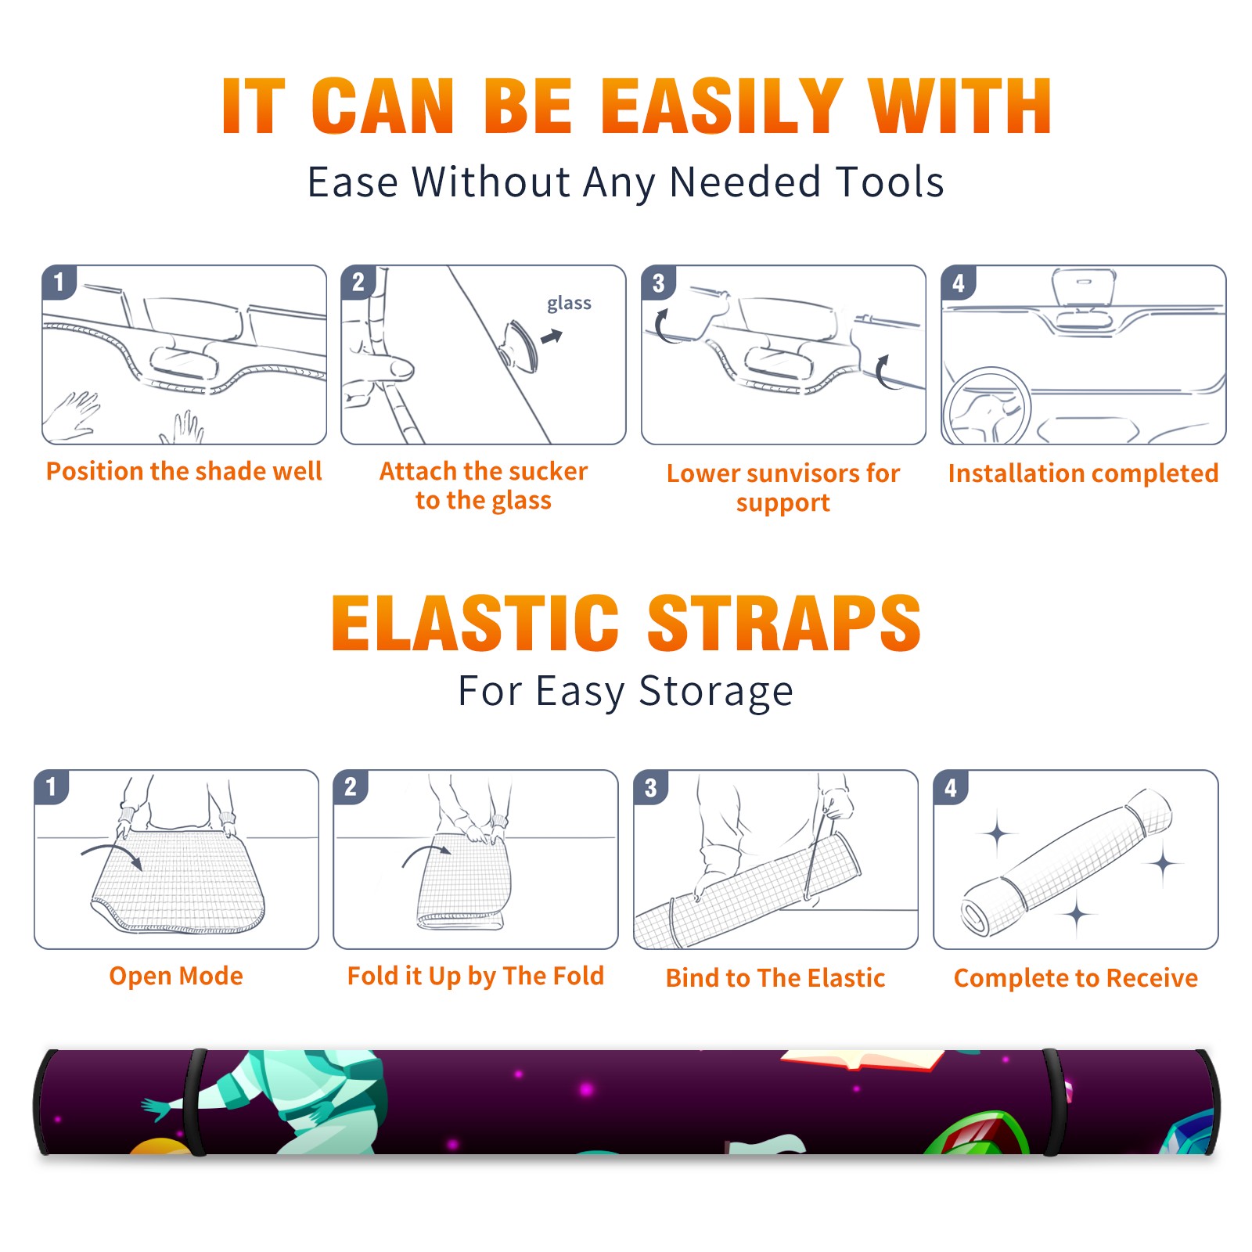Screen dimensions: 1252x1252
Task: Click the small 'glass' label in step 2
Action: pyautogui.click(x=569, y=303)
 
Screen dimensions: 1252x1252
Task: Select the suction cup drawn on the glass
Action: pyautogui.click(x=519, y=346)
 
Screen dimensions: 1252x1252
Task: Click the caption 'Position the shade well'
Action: pyautogui.click(x=184, y=471)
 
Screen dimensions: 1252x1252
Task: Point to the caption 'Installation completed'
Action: pyautogui.click(x=1083, y=473)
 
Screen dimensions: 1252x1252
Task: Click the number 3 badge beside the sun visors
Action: pyautogui.click(x=658, y=282)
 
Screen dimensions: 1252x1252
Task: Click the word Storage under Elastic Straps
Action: pyautogui.click(x=716, y=692)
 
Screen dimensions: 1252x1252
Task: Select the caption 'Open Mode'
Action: pyautogui.click(x=176, y=976)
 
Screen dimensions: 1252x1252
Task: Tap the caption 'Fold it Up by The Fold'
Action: pyautogui.click(x=476, y=977)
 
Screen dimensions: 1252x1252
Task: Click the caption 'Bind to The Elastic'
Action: pyautogui.click(x=775, y=978)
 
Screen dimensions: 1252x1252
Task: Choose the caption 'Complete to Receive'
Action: pyautogui.click(x=1076, y=978)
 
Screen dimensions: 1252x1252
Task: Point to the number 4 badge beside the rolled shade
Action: pyautogui.click(x=951, y=787)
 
